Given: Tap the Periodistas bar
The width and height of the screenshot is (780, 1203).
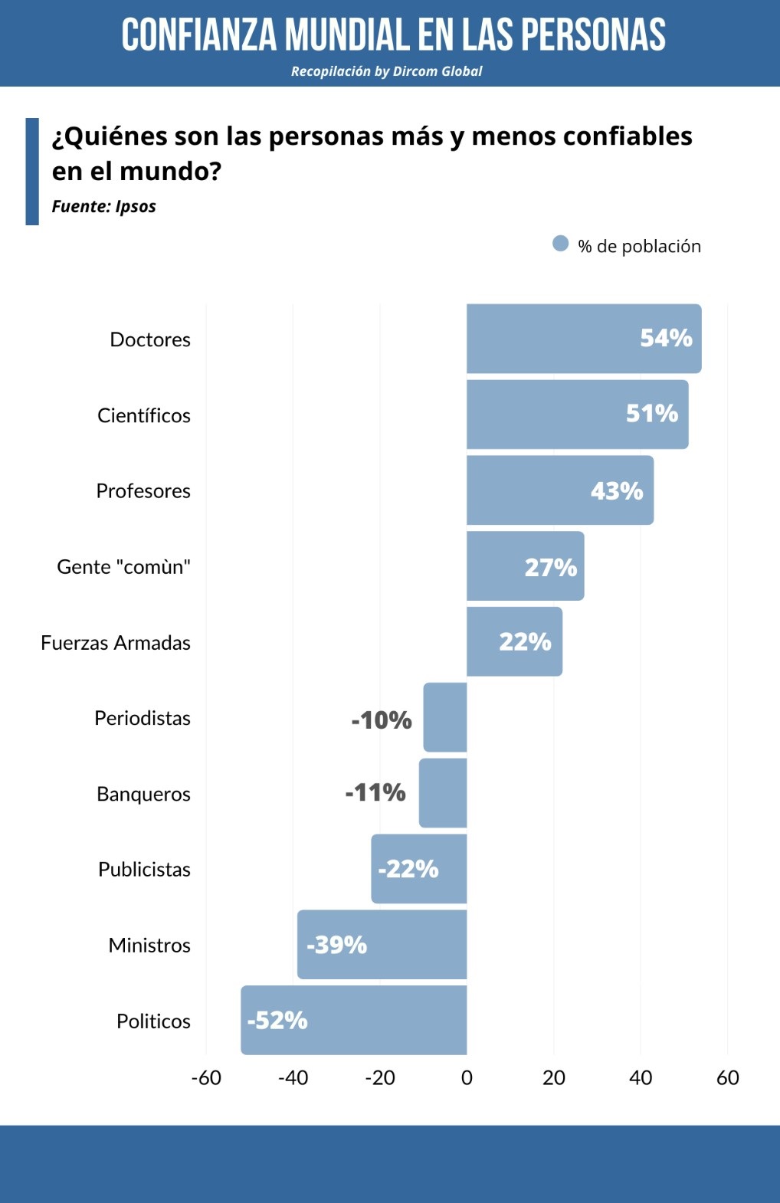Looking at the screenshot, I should (x=445, y=717).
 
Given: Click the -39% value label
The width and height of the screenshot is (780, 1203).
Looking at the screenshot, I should (x=337, y=945).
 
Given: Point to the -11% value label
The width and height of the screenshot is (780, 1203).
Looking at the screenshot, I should (x=375, y=792).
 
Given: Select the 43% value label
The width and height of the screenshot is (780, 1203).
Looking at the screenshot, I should (x=617, y=490).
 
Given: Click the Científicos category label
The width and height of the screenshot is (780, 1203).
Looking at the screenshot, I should (x=144, y=415).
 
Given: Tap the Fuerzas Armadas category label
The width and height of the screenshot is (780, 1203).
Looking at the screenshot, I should (x=116, y=642).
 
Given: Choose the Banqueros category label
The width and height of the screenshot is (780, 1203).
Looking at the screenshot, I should (x=143, y=794).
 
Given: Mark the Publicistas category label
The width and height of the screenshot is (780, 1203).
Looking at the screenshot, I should (x=144, y=869).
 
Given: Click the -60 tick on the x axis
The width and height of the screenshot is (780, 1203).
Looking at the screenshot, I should (x=206, y=1078).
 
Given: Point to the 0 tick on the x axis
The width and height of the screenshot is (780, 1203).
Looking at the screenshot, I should (x=467, y=1078).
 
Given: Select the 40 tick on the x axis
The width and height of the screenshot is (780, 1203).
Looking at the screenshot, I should (x=641, y=1078).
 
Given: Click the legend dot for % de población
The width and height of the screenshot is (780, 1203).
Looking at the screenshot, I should (x=561, y=244).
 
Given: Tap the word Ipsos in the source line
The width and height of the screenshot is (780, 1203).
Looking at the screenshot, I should (x=136, y=207).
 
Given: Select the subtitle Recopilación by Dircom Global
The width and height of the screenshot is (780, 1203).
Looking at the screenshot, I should (x=386, y=71).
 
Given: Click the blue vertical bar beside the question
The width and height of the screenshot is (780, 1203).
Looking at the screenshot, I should (x=32, y=171).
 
